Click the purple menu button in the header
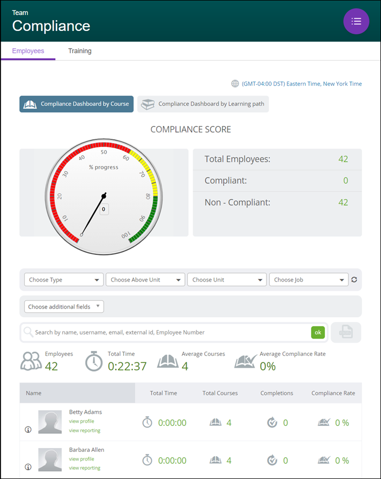pyautogui.click(x=356, y=21)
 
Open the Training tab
pyautogui.click(x=80, y=51)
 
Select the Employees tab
pyautogui.click(x=28, y=51)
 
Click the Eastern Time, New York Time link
pyautogui.click(x=301, y=84)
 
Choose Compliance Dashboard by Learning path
pyautogui.click(x=203, y=104)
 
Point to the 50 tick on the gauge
pyautogui.click(x=104, y=152)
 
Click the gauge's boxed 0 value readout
pyautogui.click(x=104, y=209)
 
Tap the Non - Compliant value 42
pyautogui.click(x=343, y=202)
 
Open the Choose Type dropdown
pyautogui.click(x=64, y=280)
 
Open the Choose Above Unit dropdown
pyautogui.click(x=145, y=280)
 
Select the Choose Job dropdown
pyautogui.click(x=309, y=280)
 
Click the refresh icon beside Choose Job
pyautogui.click(x=354, y=280)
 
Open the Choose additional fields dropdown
pyautogui.click(x=64, y=306)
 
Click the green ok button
pyautogui.click(x=317, y=333)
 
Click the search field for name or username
pyautogui.click(x=168, y=333)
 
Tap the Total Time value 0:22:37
pyautogui.click(x=127, y=366)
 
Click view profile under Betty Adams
pyautogui.click(x=81, y=421)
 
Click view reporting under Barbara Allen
pyautogui.click(x=85, y=468)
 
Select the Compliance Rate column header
pyautogui.click(x=333, y=393)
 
